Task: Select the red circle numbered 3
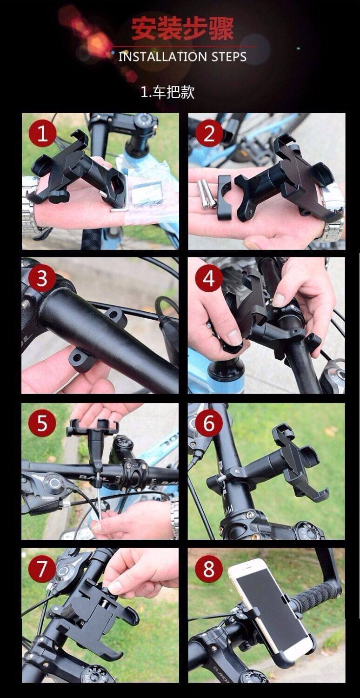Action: pyautogui.click(x=42, y=278)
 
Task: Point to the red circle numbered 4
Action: pyautogui.click(x=209, y=278)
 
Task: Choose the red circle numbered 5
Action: pyautogui.click(x=42, y=423)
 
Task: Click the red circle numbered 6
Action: pyautogui.click(x=209, y=423)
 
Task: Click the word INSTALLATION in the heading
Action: pyautogui.click(x=163, y=57)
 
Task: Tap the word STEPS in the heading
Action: pyautogui.click(x=229, y=57)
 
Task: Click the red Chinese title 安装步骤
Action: pyautogui.click(x=182, y=29)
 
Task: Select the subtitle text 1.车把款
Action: pyautogui.click(x=167, y=92)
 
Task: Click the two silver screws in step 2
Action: pyautogui.click(x=206, y=194)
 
